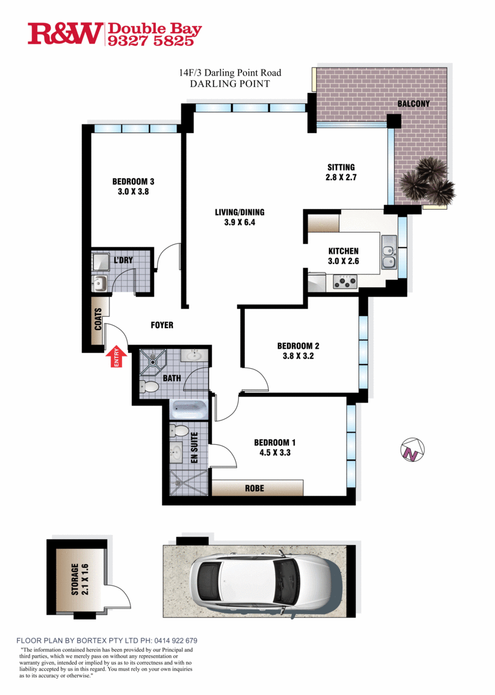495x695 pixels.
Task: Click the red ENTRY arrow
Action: point(117,357)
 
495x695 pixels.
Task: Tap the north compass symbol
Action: point(413,450)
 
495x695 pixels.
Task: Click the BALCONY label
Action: point(413,104)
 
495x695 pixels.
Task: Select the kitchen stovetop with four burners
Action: point(345,282)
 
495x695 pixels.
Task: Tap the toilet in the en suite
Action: point(179,430)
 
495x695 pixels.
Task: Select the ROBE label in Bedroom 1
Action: point(254,488)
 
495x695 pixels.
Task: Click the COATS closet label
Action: point(98,319)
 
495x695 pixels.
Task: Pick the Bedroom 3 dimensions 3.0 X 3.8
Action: point(133,192)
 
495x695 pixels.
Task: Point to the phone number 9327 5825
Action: point(151,40)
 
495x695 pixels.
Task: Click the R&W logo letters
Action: point(65,33)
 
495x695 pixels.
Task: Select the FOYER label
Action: point(162,325)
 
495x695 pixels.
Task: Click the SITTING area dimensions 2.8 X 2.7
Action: point(341,177)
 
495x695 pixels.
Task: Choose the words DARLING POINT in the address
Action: point(230,84)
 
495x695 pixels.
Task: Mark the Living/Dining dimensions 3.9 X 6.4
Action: point(240,222)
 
